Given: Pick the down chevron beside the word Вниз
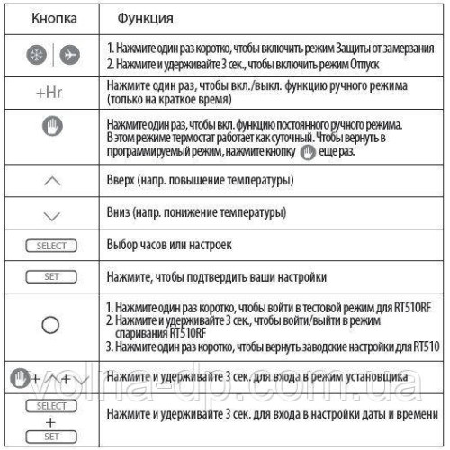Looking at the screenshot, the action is [51, 215].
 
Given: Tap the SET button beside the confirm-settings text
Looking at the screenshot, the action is [51, 278].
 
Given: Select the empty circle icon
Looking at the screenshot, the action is [51, 322].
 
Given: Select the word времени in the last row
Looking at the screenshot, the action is [416, 412].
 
